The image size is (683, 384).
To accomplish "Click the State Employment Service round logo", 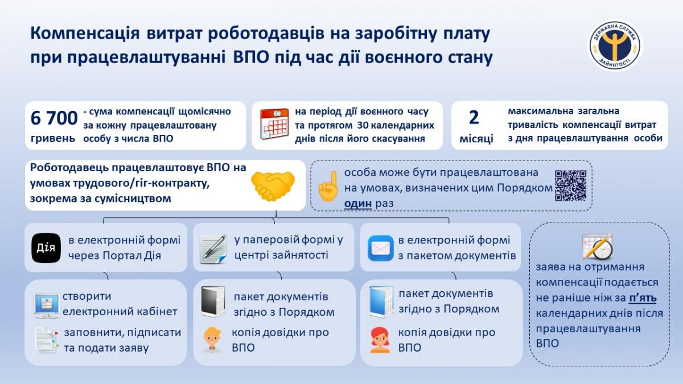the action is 615,46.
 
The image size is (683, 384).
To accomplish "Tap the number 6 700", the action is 54,118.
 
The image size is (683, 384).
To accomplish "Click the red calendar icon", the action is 274,124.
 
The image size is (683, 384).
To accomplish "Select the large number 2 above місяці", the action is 474,118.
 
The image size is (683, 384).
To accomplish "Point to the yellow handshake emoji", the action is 273,186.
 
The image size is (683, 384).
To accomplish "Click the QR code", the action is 570,185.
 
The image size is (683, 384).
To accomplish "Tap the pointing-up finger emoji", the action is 328,186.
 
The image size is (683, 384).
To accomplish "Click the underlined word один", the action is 358,203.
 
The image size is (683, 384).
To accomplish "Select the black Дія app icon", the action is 46,248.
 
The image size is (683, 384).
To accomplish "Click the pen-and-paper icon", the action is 213,249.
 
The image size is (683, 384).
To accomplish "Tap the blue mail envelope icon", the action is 381,248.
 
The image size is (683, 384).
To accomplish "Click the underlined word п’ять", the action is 643,298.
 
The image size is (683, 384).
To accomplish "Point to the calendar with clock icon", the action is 597,247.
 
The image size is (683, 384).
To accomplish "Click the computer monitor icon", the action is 47,305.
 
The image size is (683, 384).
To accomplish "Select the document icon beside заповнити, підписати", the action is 46,340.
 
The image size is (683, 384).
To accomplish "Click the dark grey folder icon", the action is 213,302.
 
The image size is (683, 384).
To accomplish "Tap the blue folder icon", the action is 381,302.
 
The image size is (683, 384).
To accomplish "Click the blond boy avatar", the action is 212,340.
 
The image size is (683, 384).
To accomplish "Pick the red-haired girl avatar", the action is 380,340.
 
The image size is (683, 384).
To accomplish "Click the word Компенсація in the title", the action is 85,34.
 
